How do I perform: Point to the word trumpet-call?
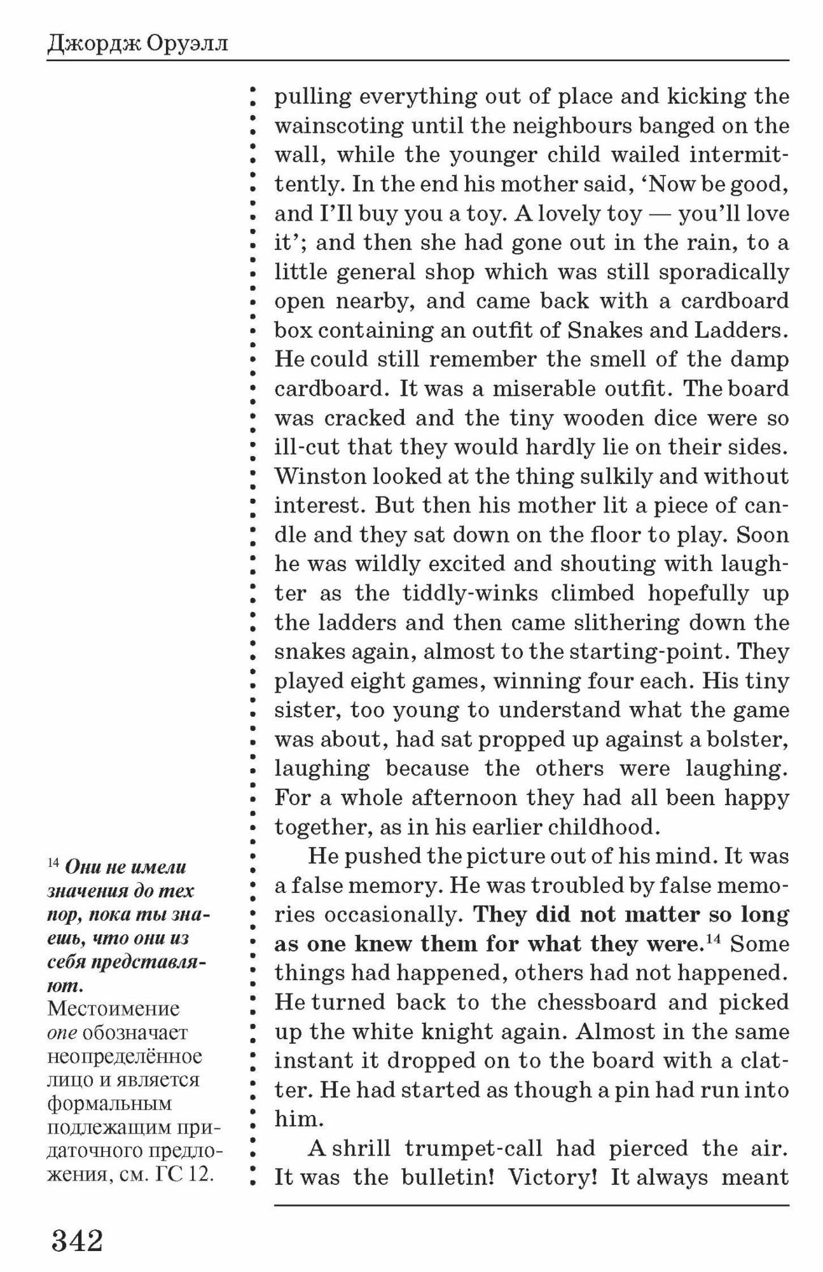click(x=473, y=1149)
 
